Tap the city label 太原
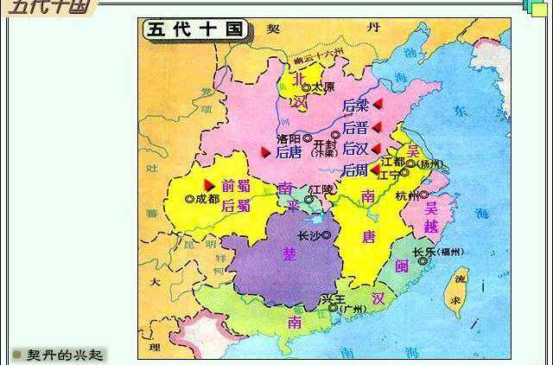[x=322, y=87]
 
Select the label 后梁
[x=355, y=106]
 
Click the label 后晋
[x=355, y=127]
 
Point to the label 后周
[x=355, y=170]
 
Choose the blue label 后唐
[x=288, y=153]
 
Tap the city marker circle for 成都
[x=190, y=198]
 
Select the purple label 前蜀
[x=235, y=185]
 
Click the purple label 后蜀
[x=235, y=206]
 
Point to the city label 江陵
[x=321, y=189]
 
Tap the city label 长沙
[x=308, y=234]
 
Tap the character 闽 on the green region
[x=401, y=267]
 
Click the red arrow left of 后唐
[x=266, y=152]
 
